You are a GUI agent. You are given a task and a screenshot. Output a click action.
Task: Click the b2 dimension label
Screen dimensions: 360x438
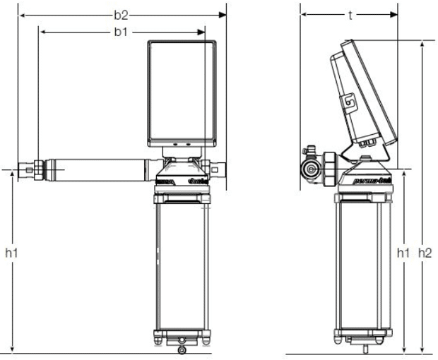pos(121,14)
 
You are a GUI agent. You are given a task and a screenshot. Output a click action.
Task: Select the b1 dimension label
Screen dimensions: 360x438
pos(121,32)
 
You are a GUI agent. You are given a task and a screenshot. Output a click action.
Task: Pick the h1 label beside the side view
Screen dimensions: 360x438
pos(403,252)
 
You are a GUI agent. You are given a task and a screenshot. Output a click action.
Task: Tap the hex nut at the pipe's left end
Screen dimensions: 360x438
pos(27,169)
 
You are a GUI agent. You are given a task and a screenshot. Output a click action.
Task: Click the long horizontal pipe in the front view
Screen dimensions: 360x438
pos(95,169)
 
